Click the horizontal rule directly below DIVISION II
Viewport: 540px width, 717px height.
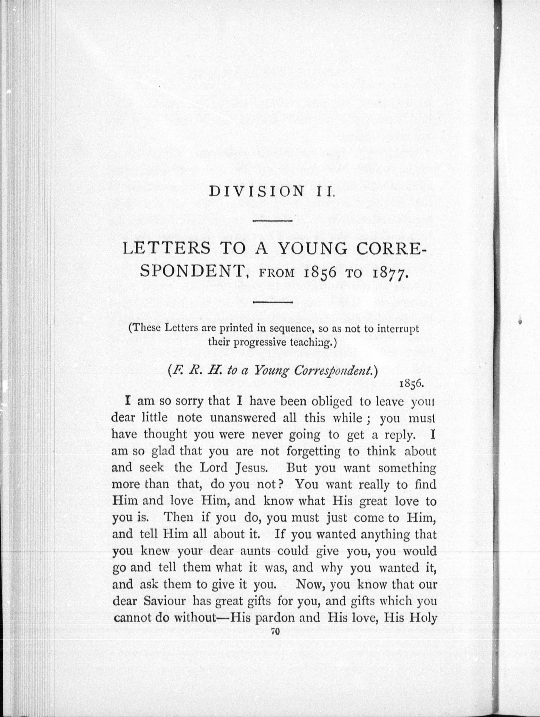(273, 221)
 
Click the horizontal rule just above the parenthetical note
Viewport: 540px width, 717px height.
(273, 303)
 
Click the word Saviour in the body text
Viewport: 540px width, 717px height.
(165, 601)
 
